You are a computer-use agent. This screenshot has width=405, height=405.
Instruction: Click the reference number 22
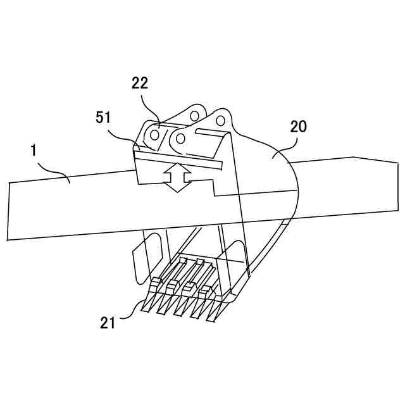pos(140,82)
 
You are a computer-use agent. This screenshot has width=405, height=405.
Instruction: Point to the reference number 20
pos(298,126)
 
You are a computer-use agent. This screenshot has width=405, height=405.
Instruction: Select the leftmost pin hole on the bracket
pos(154,134)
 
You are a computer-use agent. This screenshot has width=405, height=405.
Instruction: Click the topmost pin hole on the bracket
pos(194,115)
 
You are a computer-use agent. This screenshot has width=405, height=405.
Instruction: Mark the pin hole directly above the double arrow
pos(181,137)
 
